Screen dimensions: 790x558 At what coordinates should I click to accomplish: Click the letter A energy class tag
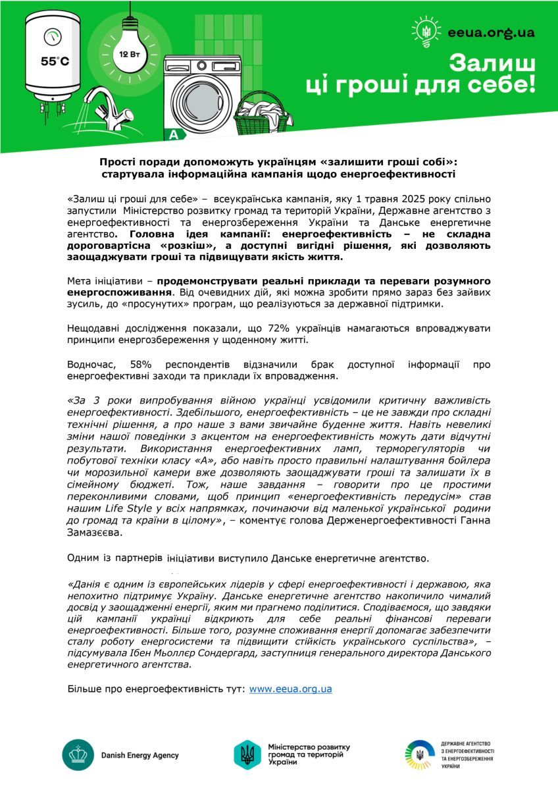pyautogui.click(x=174, y=135)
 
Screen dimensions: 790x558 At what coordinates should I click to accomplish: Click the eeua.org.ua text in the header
pyautogui.click(x=490, y=32)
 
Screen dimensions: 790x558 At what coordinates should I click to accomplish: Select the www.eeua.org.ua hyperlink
pyautogui.click(x=290, y=689)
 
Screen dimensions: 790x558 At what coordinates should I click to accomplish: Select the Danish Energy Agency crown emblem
pyautogui.click(x=77, y=755)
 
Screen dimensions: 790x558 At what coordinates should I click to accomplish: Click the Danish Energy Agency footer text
pyautogui.click(x=139, y=755)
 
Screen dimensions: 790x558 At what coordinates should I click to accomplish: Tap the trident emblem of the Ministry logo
pyautogui.click(x=247, y=754)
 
